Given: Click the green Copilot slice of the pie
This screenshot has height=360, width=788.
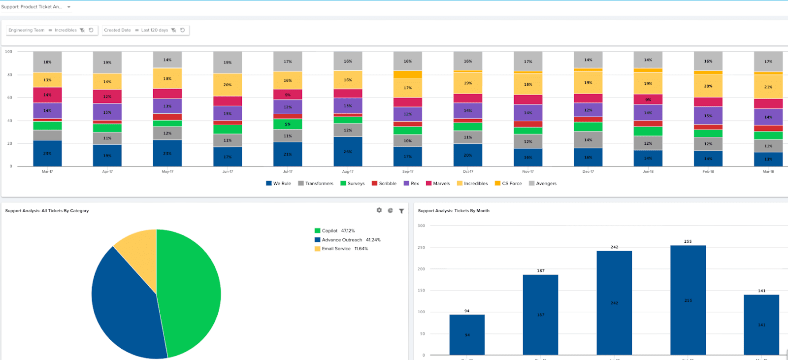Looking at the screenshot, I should (x=190, y=291).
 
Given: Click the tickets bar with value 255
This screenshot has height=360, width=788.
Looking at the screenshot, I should (x=688, y=300).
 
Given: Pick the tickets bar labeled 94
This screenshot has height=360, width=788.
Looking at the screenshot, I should (x=467, y=334).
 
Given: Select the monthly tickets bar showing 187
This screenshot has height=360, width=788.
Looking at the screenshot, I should (x=540, y=315).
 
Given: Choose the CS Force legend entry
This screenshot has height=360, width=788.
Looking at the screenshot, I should (x=508, y=183).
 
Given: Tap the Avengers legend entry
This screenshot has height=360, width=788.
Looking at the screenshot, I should (x=543, y=183).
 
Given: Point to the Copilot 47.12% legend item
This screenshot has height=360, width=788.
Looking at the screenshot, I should (x=335, y=230).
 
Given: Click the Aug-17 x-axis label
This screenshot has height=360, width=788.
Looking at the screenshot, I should (x=348, y=171).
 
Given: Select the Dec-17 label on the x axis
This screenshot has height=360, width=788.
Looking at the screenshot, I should (x=588, y=171).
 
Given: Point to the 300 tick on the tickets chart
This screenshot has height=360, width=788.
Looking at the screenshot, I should (x=421, y=226).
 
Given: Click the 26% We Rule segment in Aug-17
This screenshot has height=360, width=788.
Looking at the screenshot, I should (x=348, y=152).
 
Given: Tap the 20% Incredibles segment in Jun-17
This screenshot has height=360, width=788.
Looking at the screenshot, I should (x=228, y=85).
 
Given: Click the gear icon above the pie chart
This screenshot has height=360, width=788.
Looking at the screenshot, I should (x=379, y=210).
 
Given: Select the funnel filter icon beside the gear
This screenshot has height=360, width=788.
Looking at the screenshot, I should (x=401, y=211).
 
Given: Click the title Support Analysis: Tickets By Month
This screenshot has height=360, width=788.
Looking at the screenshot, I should (x=454, y=211).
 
